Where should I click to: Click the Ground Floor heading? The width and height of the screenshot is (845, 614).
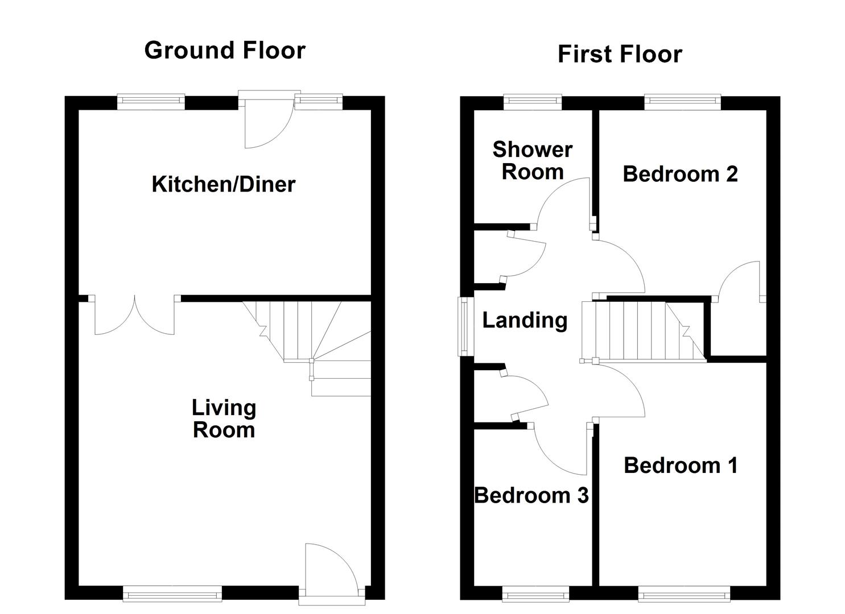tap(225, 51)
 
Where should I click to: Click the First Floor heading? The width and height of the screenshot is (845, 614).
tap(620, 55)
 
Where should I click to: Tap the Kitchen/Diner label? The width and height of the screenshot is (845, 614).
tap(224, 184)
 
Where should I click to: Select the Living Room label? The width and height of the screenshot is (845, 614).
tap(224, 418)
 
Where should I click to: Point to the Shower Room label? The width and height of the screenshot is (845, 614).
tap(532, 160)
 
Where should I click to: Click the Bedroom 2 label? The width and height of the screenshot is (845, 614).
tap(680, 174)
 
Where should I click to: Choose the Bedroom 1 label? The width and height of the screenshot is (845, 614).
tap(681, 466)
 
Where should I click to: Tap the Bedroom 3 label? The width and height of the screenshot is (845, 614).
tap(531, 496)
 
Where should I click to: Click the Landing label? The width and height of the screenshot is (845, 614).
tap(525, 320)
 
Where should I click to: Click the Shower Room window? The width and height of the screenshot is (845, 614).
tap(533, 102)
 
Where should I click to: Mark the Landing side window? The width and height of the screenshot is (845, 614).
tap(466, 326)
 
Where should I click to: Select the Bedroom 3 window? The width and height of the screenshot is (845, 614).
tap(535, 595)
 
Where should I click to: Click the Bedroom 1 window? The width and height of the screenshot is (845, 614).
tap(683, 595)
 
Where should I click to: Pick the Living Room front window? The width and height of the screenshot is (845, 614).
tap(172, 595)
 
